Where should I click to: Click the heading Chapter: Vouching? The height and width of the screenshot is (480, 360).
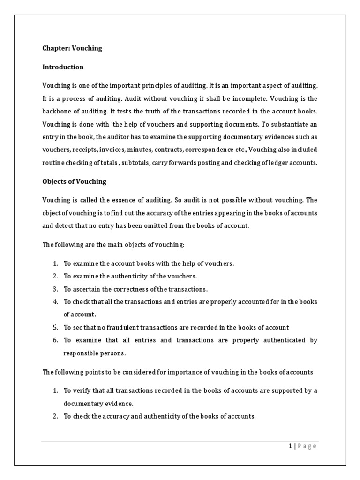tap(72, 48)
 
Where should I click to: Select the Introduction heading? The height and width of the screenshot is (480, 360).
tap(63, 67)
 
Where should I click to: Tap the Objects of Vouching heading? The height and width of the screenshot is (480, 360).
tap(75, 181)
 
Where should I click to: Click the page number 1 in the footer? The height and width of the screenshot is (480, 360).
tap(290, 446)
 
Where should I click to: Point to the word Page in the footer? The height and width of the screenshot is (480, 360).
tap(307, 446)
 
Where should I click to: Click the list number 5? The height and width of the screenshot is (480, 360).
tap(55, 327)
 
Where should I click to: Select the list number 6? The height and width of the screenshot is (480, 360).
tap(55, 340)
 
